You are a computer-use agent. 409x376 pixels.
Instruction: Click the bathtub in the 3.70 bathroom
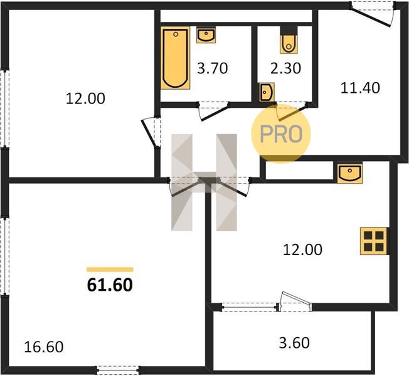pyautogui.click(x=175, y=58)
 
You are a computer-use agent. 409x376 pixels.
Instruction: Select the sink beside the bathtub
pyautogui.click(x=206, y=34)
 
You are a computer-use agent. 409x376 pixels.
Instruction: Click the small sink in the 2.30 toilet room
pyautogui.click(x=267, y=92)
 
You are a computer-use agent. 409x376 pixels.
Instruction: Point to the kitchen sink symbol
pyautogui.click(x=350, y=173)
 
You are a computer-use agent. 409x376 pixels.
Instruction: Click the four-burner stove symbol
pyautogui.click(x=374, y=241)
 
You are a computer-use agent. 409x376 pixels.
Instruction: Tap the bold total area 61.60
pyautogui.click(x=110, y=285)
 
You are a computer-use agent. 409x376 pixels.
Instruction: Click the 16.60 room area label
pyautogui.click(x=43, y=347)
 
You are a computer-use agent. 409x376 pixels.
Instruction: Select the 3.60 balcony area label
pyautogui.click(x=294, y=343)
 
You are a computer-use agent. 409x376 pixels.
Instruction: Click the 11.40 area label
pyautogui.click(x=360, y=88)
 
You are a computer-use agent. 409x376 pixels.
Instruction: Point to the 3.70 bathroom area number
pyautogui.click(x=212, y=68)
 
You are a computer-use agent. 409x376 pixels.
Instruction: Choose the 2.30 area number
pyautogui.click(x=285, y=68)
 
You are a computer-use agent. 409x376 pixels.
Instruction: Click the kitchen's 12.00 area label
pyautogui.click(x=302, y=249)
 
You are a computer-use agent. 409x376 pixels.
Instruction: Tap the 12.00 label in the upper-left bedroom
pyautogui.click(x=85, y=98)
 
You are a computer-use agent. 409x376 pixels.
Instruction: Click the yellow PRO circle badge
pyautogui.click(x=281, y=134)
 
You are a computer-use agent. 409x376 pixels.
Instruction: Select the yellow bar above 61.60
pyautogui.click(x=110, y=269)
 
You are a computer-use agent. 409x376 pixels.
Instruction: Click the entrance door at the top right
pyautogui.click(x=373, y=14)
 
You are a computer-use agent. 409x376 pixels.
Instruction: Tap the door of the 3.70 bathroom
pyautogui.click(x=214, y=111)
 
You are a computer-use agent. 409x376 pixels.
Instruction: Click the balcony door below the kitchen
pyautogui.click(x=295, y=302)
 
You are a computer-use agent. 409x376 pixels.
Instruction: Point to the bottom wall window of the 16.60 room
pyautogui.click(x=117, y=370)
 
